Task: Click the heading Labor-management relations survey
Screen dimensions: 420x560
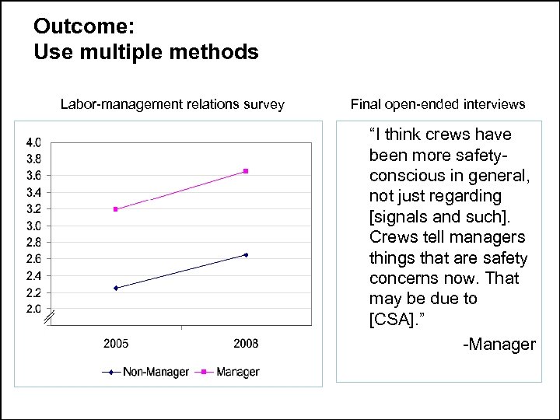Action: tap(173, 104)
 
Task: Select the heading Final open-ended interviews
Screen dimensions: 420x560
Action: tap(438, 104)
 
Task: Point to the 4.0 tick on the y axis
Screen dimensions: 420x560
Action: tap(33, 142)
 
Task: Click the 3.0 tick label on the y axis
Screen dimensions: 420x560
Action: tap(33, 226)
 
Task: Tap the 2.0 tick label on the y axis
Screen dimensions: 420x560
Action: tap(33, 309)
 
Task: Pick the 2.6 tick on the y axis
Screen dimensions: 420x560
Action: tap(33, 259)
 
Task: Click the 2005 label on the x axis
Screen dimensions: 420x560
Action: tap(116, 344)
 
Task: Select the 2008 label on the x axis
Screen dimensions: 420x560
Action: tap(246, 344)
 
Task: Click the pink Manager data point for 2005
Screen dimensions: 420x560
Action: tap(116, 209)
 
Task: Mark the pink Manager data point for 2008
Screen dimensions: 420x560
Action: tap(246, 171)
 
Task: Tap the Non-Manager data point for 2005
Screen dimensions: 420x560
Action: tap(116, 288)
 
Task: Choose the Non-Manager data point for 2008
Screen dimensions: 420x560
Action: tap(246, 254)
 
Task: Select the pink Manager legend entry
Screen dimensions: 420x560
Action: tap(230, 373)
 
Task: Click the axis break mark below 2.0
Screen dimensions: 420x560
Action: tap(48, 317)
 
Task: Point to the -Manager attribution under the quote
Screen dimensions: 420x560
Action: tap(499, 345)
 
